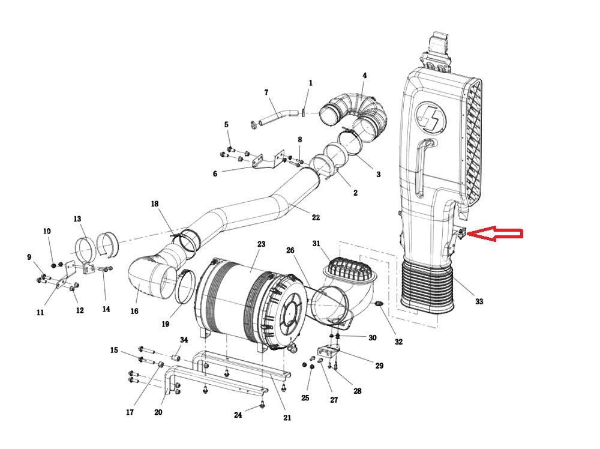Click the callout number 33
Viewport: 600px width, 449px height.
(479, 301)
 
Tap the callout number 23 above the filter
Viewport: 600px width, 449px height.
(261, 244)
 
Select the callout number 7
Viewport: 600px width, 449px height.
(266, 92)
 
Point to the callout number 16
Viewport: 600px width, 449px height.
(134, 311)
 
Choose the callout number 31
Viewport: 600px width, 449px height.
(316, 243)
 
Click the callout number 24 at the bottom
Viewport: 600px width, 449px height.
(238, 415)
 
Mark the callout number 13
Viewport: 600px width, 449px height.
(77, 219)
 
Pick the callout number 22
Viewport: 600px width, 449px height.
(316, 217)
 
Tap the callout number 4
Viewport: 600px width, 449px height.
(364, 76)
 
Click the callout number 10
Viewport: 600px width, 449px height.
(47, 231)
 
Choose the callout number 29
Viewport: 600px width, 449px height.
(379, 366)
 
